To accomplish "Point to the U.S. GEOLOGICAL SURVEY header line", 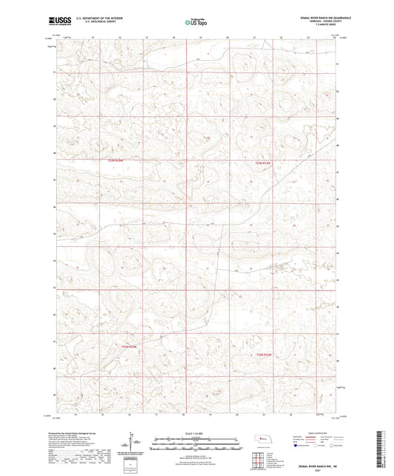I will (92, 23).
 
